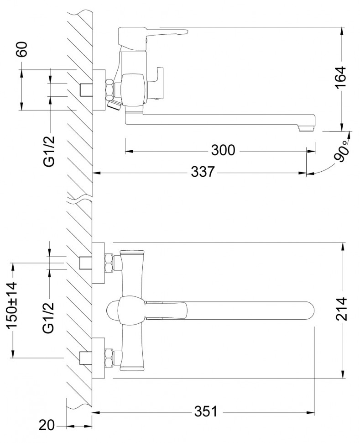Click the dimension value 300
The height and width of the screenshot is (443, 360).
click(223, 150)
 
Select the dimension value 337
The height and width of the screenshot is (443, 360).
click(202, 173)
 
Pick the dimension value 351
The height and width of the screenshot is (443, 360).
click(206, 412)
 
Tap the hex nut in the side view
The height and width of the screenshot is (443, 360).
click(110, 90)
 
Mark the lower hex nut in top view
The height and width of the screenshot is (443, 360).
click(110, 357)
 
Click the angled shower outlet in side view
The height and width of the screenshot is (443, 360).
click(114, 106)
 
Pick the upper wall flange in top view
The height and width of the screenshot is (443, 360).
click(98, 263)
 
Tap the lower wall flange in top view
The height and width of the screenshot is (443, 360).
click(98, 358)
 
